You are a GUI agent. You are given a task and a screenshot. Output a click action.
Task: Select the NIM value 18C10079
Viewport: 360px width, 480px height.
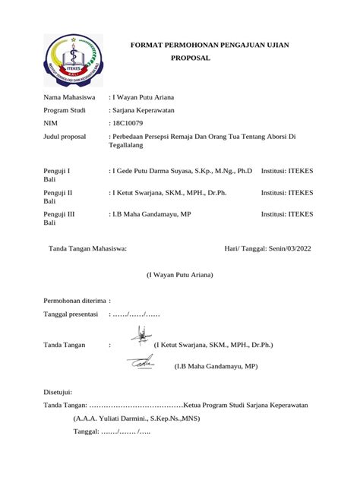point(130,122)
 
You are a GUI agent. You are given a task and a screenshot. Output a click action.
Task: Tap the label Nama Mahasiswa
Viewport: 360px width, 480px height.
point(69,97)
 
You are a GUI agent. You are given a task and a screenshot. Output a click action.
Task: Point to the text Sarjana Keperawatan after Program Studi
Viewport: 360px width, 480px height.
point(144,109)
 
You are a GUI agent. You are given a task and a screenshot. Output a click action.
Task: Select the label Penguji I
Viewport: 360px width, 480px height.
point(58,172)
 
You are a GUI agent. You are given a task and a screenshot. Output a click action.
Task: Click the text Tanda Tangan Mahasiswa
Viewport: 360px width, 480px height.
point(87,248)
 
